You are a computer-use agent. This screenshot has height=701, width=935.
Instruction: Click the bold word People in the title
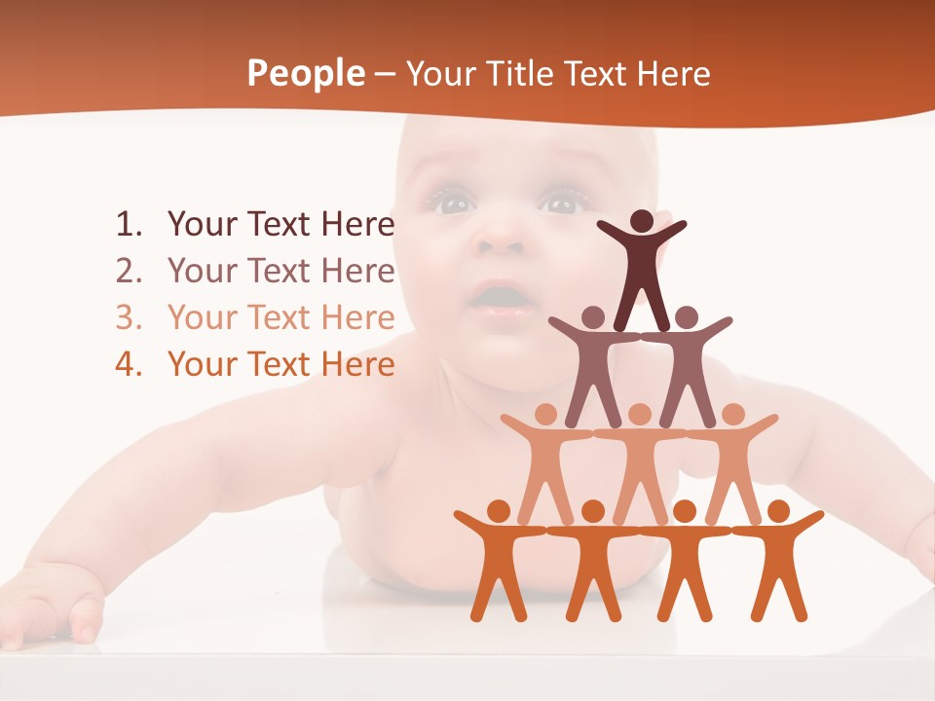coord(304,74)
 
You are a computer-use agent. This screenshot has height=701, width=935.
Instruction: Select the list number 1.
coord(128,225)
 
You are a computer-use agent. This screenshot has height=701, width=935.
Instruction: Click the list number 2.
coord(128,272)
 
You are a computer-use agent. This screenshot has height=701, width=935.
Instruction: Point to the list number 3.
coord(128,318)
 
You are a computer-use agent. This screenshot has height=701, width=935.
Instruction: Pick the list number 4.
coord(128,365)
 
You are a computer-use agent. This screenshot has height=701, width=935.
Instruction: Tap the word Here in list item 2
coord(357,272)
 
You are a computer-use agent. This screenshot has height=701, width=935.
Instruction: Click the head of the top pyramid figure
coord(642,221)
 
